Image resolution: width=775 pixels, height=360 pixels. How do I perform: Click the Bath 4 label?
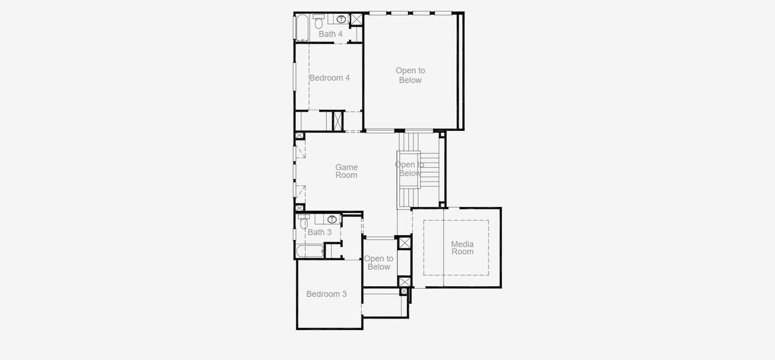[x=331, y=34]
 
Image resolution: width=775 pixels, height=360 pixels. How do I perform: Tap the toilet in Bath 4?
[x=318, y=23]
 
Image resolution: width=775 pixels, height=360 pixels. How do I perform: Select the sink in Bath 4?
[x=341, y=19]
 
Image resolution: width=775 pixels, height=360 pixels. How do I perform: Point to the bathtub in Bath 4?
[x=301, y=28]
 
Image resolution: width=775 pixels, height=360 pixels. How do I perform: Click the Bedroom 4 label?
[x=330, y=78]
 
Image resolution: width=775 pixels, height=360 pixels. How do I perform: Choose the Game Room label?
[x=346, y=172]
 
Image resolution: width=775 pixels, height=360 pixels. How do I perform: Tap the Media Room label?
[x=462, y=248]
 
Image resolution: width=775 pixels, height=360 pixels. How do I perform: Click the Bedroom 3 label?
[x=327, y=294]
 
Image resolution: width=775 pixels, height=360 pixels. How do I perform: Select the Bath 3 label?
[x=319, y=232]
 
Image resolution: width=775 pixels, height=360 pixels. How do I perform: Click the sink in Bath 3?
[x=332, y=219]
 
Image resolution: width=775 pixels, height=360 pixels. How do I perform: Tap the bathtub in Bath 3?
[x=310, y=251]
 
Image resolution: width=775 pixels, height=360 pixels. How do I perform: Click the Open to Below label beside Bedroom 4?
[x=410, y=75]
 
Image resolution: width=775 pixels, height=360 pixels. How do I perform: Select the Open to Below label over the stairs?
[x=409, y=169]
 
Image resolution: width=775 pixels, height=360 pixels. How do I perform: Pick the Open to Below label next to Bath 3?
[x=379, y=263]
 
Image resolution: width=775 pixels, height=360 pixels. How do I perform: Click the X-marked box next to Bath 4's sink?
[x=357, y=19]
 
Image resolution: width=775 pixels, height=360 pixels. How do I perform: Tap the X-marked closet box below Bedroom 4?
[x=337, y=121]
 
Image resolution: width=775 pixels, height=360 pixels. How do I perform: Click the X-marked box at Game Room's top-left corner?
[x=299, y=136]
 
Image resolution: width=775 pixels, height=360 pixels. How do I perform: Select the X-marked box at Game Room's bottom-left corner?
[x=299, y=208]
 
